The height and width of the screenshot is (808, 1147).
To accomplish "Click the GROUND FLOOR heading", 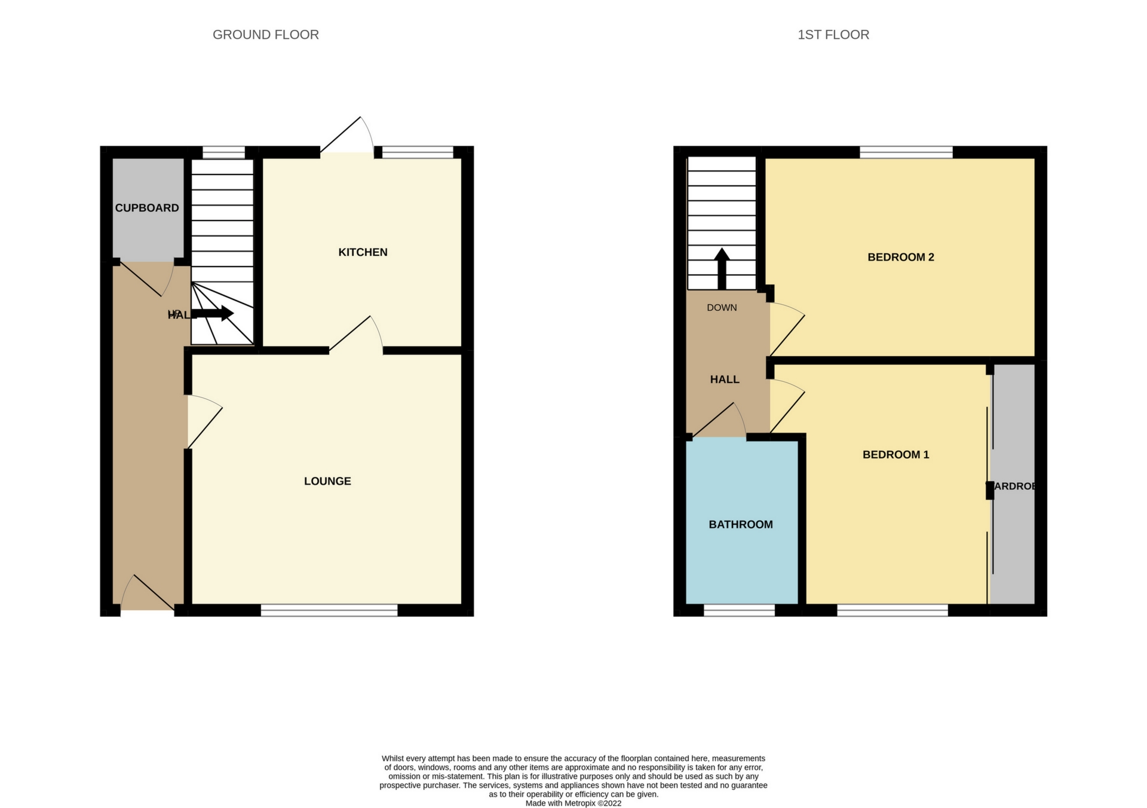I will coord(265,35).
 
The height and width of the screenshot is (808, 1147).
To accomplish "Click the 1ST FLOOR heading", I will coord(833,35).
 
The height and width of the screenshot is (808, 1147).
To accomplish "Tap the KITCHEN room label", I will coord(363,252).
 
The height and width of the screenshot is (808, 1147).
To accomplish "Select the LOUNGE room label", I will coord(327,481).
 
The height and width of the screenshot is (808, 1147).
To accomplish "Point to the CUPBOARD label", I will coord(147,208).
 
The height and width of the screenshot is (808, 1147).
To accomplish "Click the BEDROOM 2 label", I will coord(900,257).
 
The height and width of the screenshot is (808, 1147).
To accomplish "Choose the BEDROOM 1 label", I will coord(895,455).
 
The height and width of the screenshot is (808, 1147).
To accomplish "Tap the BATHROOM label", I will coord(740,525).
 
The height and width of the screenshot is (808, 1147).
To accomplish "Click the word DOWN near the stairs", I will coord(722,308).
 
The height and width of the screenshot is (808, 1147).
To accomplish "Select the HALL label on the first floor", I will coord(725,379).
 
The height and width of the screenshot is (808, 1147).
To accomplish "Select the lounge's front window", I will coord(329,610).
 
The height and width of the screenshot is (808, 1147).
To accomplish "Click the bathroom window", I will coord(739,610).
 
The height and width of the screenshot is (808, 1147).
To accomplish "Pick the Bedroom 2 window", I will coord(906,152).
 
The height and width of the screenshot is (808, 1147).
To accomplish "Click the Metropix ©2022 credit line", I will coord(573,803).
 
